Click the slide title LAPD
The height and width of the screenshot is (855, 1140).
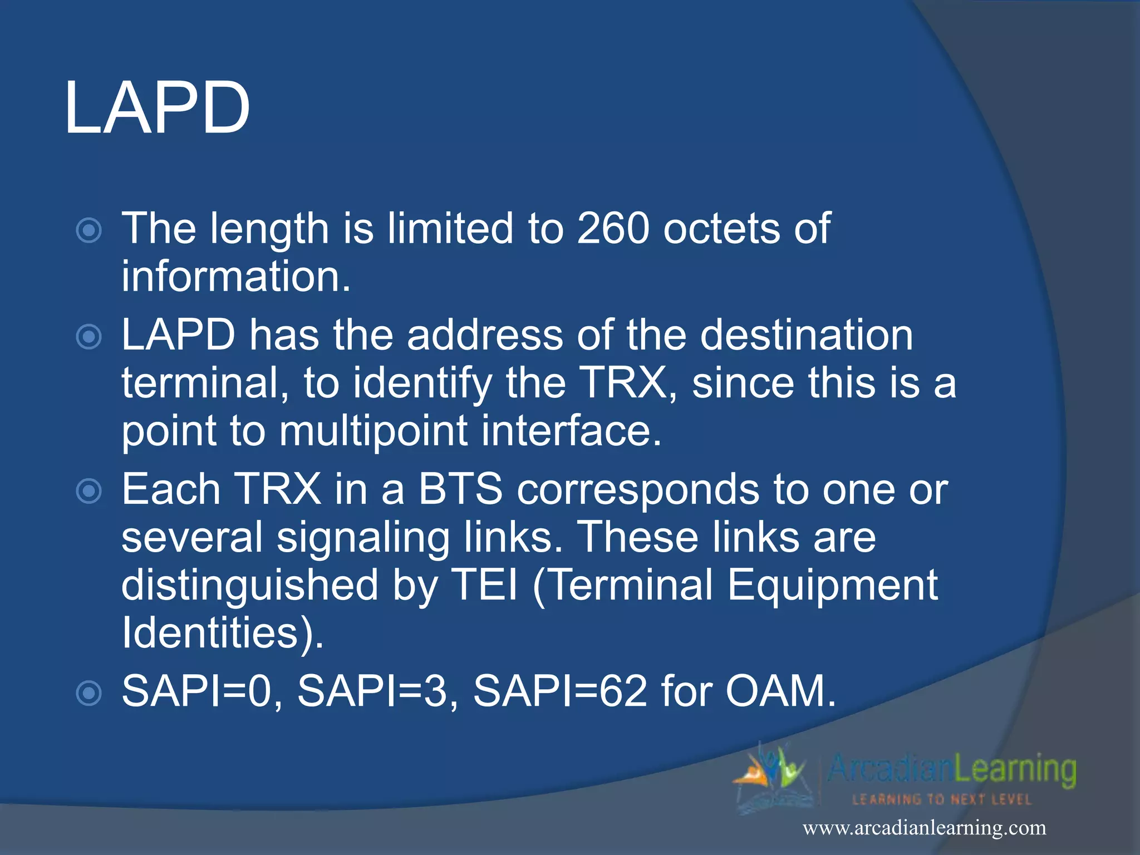pyautogui.click(x=157, y=107)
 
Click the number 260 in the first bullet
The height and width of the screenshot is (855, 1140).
pyautogui.click(x=613, y=228)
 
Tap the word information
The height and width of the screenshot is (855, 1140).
pyautogui.click(x=236, y=277)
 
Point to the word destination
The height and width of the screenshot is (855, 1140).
pyautogui.click(x=806, y=335)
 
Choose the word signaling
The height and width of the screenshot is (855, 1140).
pyautogui.click(x=363, y=538)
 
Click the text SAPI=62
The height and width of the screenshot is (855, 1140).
pyautogui.click(x=559, y=691)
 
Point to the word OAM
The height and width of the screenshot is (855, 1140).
pyautogui.click(x=780, y=691)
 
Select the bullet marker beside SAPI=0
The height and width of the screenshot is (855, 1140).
pyautogui.click(x=89, y=694)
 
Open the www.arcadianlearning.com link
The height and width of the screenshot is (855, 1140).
pyautogui.click(x=924, y=828)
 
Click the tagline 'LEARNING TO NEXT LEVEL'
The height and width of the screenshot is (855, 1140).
pyautogui.click(x=942, y=800)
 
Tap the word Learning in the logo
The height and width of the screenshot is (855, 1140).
pyautogui.click(x=1015, y=770)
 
